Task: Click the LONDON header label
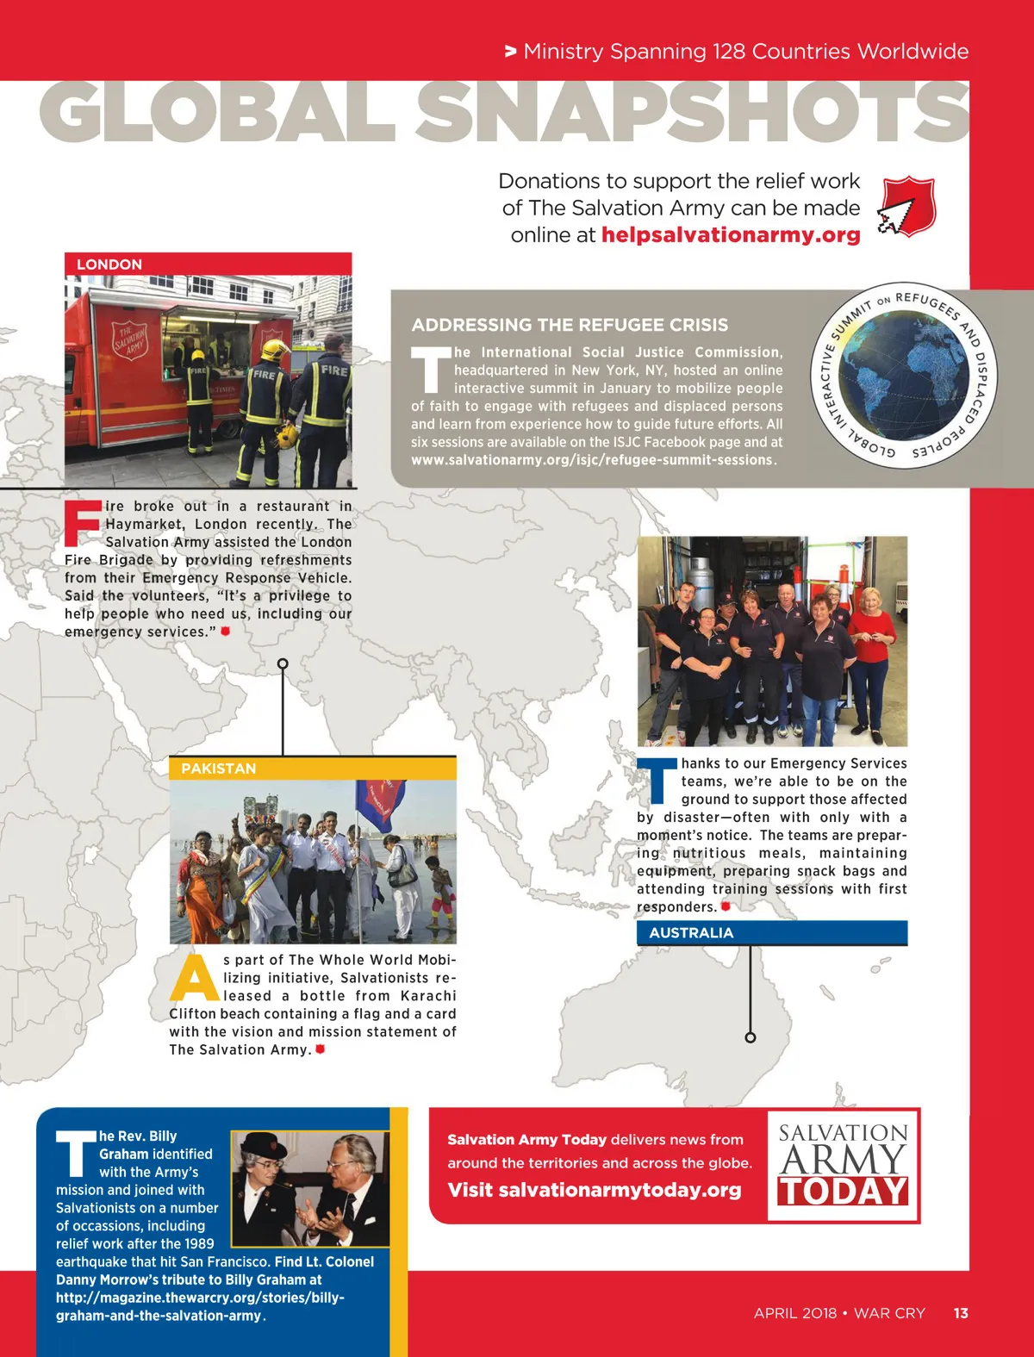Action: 109,265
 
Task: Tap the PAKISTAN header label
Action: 218,769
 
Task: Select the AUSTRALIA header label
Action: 691,933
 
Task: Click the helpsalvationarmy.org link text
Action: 731,235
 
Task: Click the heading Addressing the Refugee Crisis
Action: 570,325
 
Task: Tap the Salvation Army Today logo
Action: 843,1165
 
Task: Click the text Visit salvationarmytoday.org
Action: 594,1190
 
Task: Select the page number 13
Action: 961,1313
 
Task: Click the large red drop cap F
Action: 83,523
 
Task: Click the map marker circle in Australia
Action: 750,1037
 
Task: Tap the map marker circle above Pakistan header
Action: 283,663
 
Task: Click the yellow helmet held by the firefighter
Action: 288,435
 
